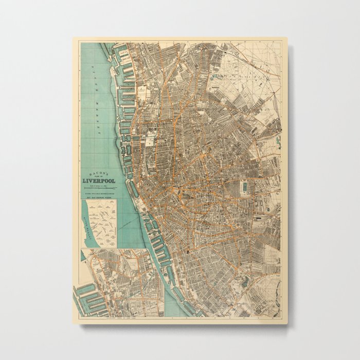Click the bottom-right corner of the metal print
point(287,324)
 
